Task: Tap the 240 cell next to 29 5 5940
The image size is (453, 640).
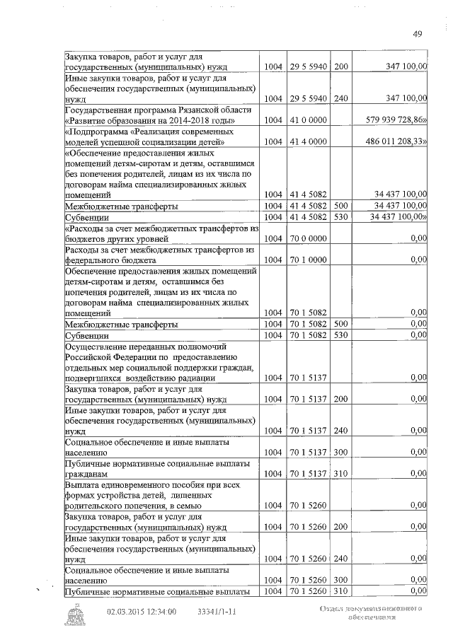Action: click(x=341, y=98)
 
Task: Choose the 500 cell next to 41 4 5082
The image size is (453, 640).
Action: click(x=341, y=205)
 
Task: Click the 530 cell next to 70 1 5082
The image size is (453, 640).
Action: click(x=341, y=334)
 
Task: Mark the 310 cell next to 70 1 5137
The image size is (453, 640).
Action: click(x=341, y=473)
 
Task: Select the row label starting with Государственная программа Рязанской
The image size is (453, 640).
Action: click(x=157, y=115)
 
